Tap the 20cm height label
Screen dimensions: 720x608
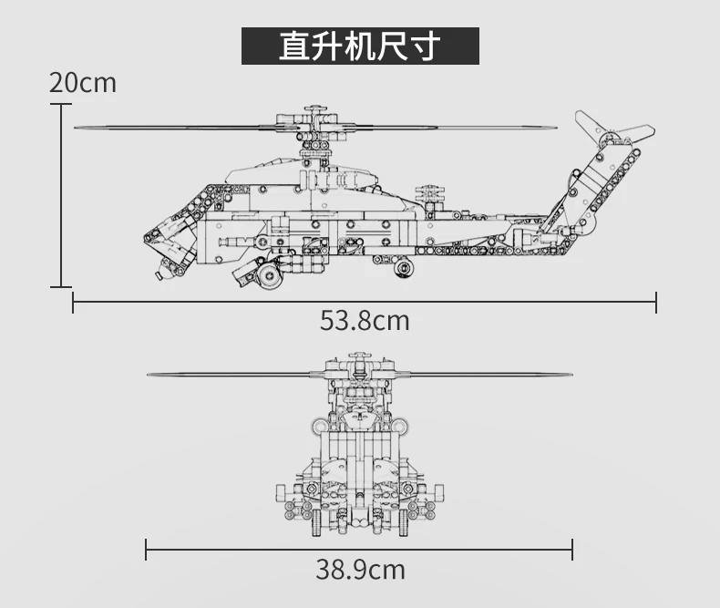click(83, 83)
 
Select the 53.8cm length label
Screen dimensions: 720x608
click(365, 321)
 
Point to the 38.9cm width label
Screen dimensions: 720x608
click(360, 571)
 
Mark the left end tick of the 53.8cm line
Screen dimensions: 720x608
click(73, 302)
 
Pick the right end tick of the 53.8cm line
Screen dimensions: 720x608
click(656, 302)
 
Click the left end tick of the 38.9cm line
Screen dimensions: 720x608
click(146, 549)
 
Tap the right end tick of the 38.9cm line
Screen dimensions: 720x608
click(572, 549)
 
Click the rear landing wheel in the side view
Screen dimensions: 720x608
click(402, 267)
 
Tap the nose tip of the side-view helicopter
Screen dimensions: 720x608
click(145, 239)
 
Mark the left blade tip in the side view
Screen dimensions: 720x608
click(77, 128)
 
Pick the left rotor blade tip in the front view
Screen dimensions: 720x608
click(149, 373)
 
